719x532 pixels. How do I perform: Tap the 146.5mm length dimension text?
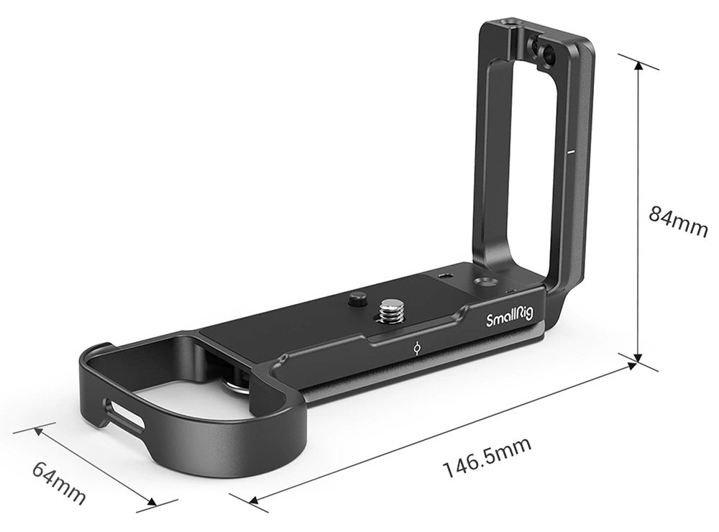[x=487, y=457]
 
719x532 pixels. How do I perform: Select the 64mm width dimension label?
[x=59, y=482]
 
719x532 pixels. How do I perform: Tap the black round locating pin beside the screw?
[x=357, y=300]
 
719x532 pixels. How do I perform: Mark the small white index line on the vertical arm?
[x=571, y=150]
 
